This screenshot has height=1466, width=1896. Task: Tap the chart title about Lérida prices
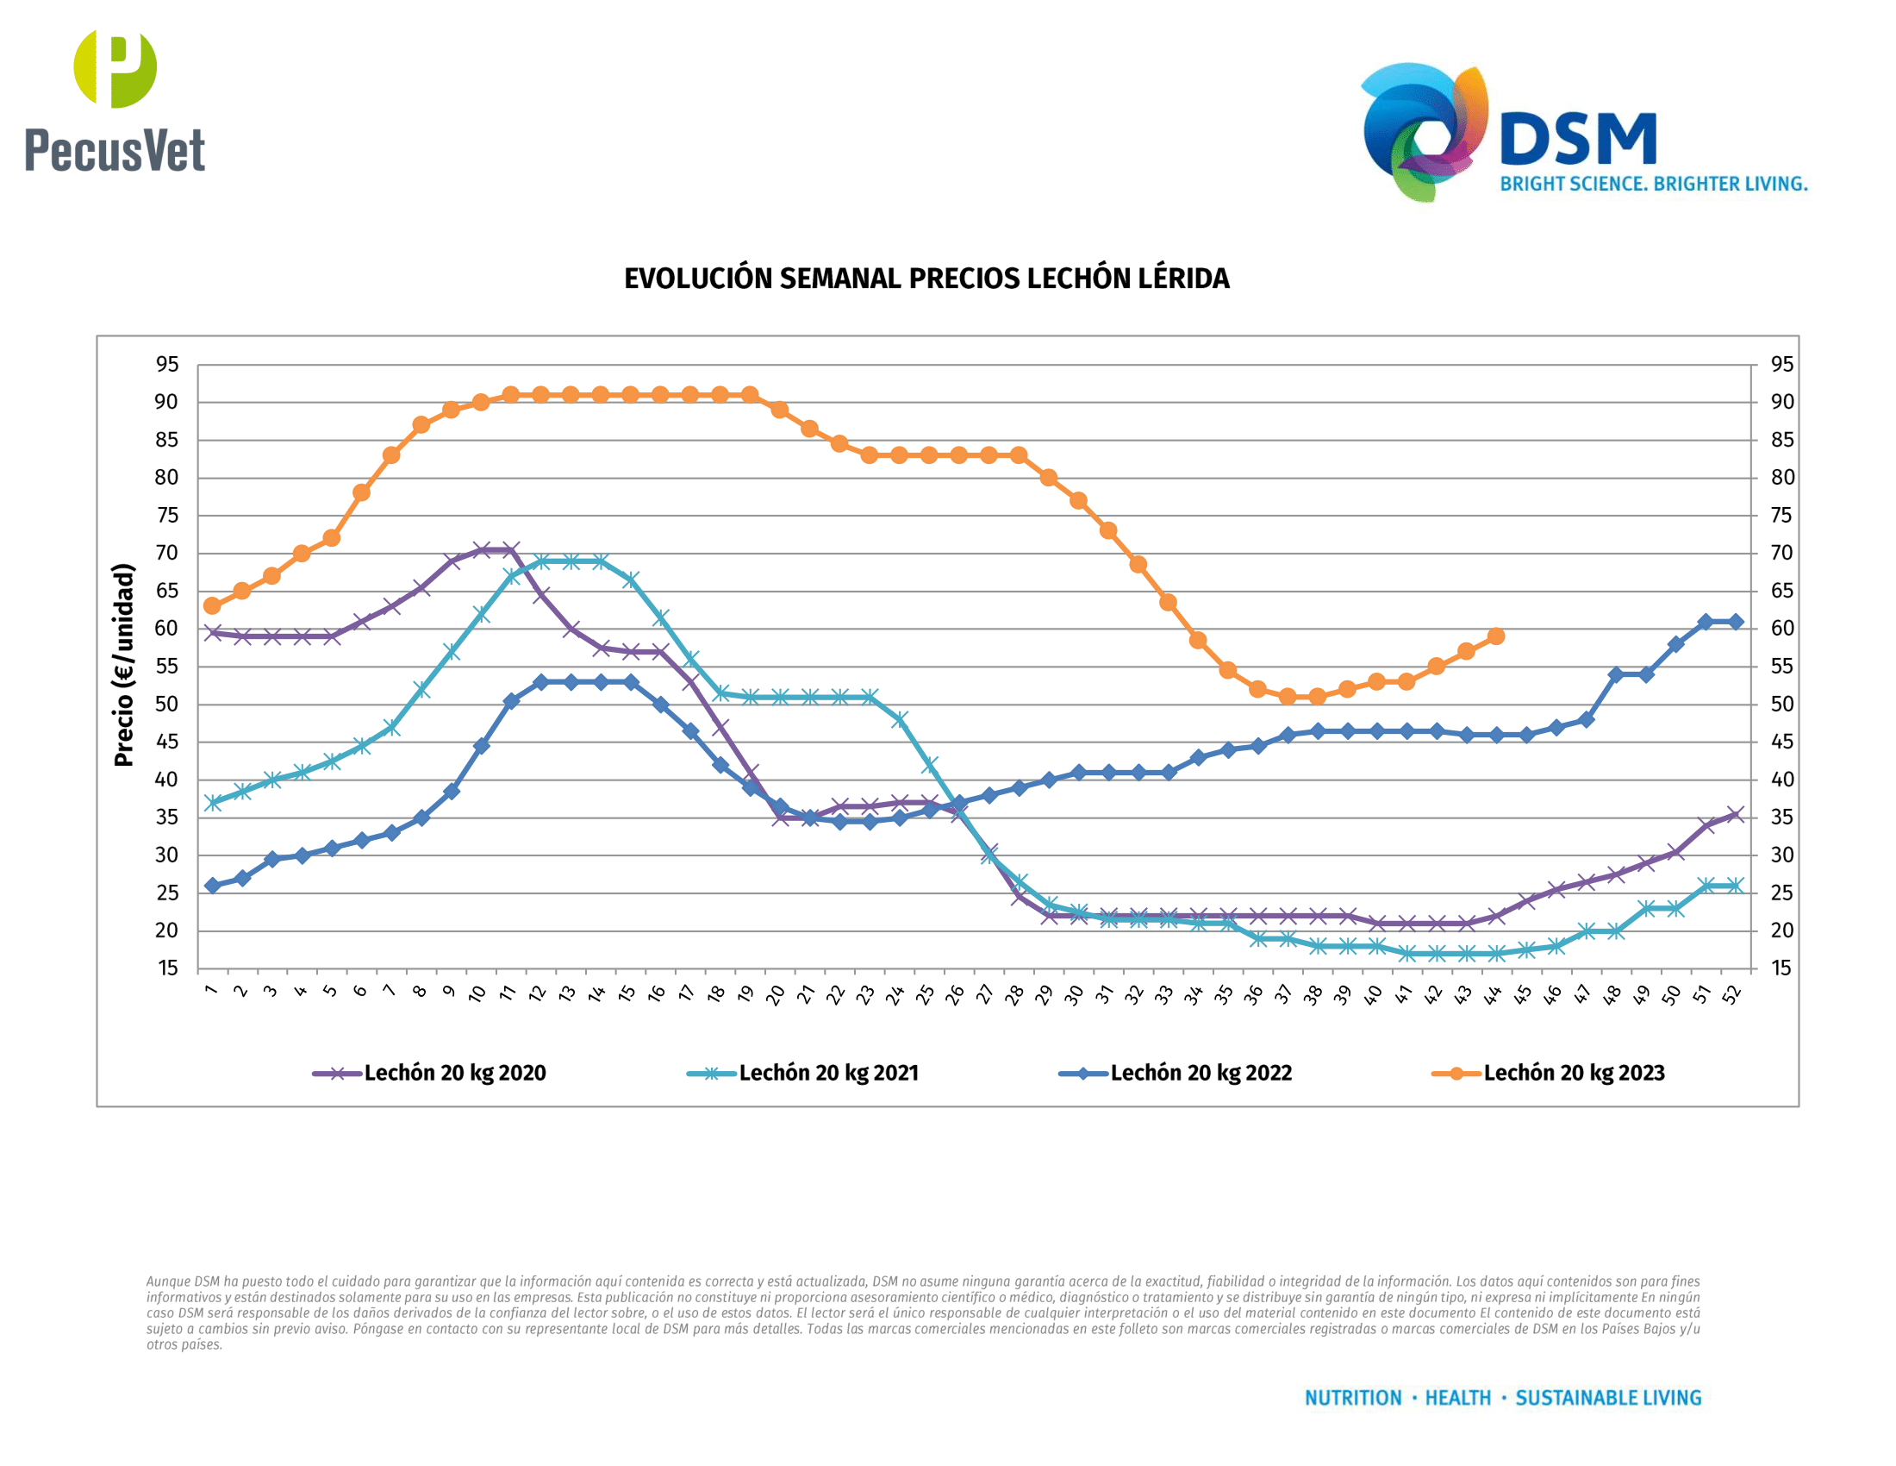point(926,279)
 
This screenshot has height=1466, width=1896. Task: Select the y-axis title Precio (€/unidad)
point(124,664)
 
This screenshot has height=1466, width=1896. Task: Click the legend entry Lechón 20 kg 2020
point(454,1074)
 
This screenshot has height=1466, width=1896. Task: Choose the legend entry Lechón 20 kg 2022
point(1201,1074)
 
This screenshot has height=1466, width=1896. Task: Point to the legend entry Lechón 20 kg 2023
point(1573,1074)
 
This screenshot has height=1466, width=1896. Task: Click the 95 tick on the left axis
point(166,365)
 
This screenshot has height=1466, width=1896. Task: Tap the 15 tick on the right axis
point(1781,968)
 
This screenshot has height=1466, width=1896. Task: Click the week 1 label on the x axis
point(211,991)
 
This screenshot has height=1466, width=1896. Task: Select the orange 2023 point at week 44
point(1496,636)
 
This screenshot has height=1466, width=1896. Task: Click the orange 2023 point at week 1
point(212,606)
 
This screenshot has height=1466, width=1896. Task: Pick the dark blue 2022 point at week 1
point(212,886)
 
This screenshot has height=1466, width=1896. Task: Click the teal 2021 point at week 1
point(212,804)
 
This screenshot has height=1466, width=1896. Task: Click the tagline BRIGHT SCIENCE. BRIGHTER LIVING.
point(1653,185)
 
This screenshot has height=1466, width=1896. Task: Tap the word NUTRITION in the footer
point(1352,1398)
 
